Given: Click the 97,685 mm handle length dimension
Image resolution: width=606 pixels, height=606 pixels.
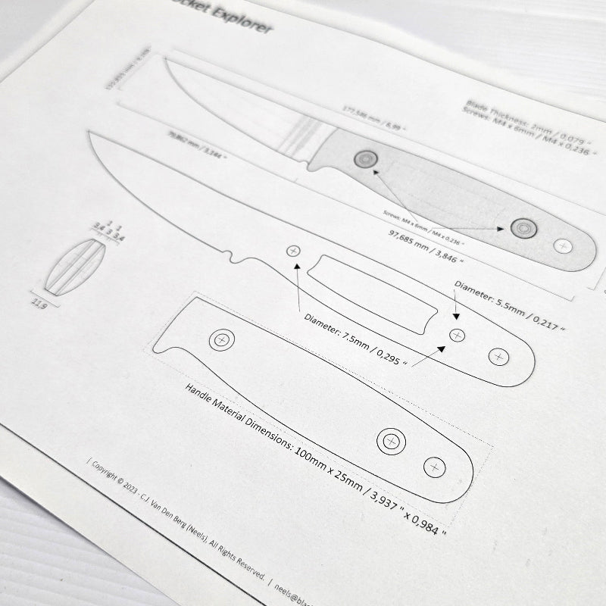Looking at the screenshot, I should tap(425, 244).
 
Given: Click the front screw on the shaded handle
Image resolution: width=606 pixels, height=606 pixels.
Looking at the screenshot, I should tap(365, 158).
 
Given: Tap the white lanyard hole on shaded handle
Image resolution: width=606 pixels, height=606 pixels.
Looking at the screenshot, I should tap(562, 245).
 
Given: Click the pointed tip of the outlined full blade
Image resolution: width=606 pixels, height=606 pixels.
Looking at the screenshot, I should tap(90, 133).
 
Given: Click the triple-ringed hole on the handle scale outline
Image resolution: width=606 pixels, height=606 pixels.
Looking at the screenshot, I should tap(391, 439).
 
